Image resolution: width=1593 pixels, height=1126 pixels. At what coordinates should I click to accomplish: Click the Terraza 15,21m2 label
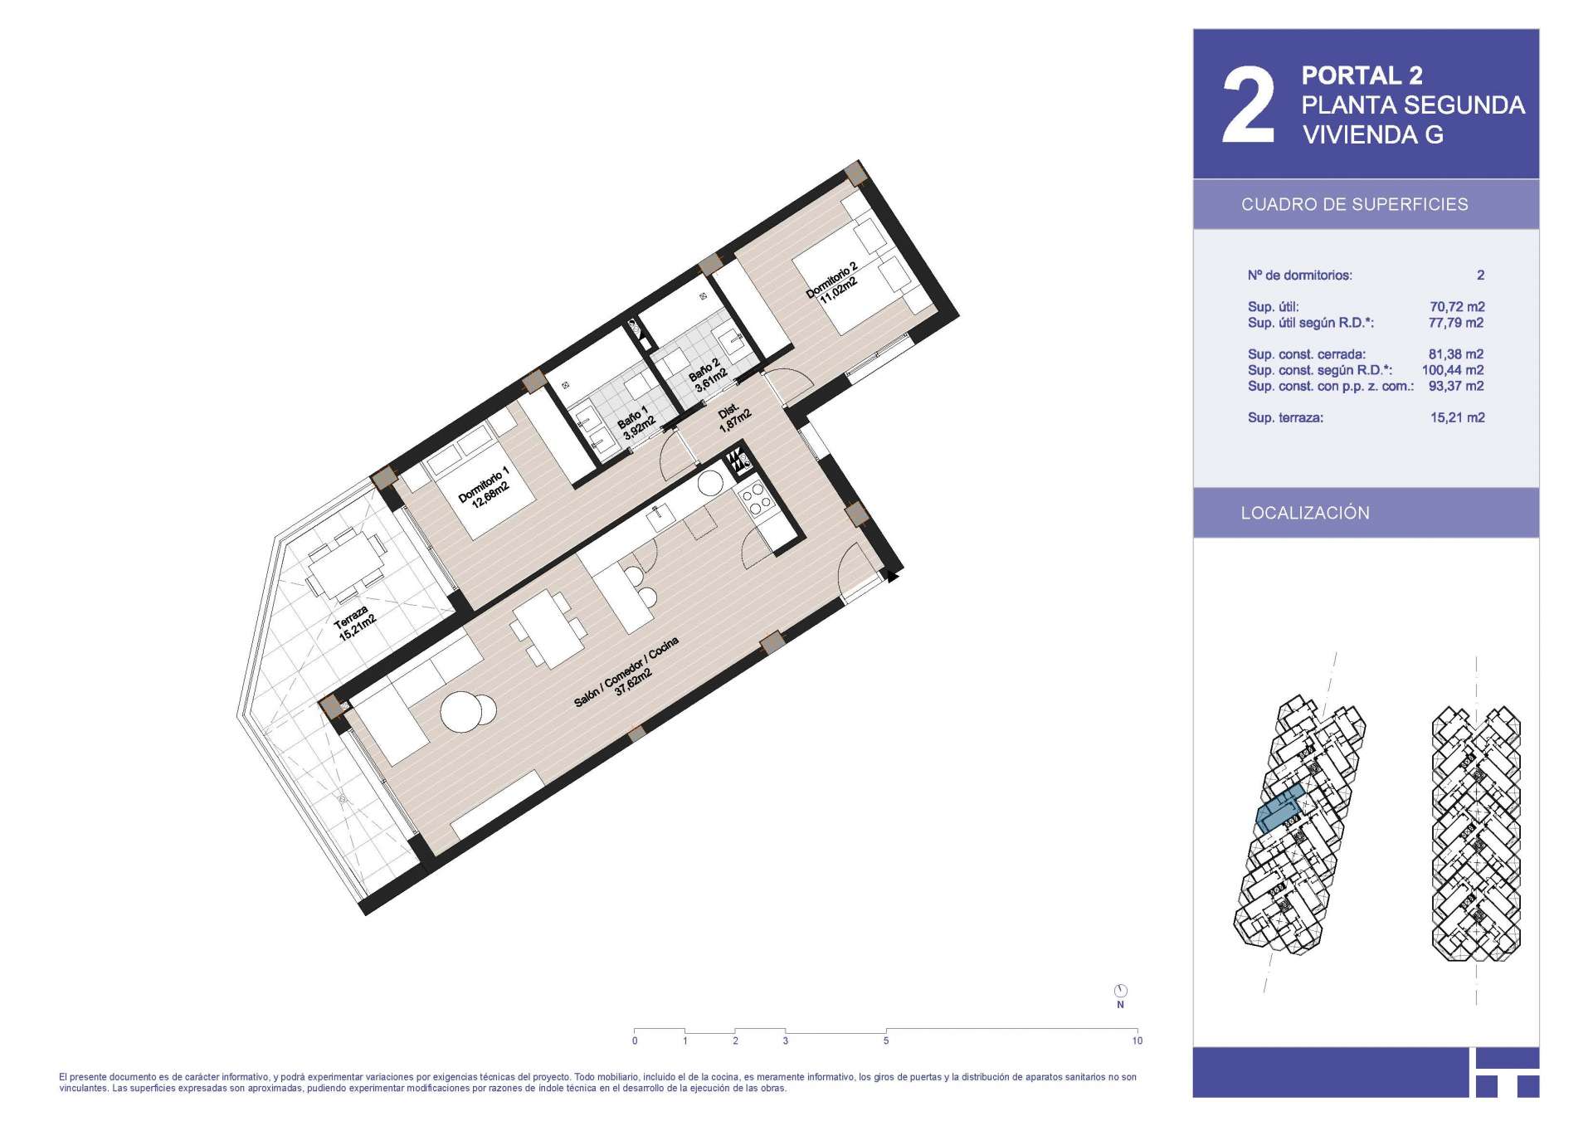(x=355, y=622)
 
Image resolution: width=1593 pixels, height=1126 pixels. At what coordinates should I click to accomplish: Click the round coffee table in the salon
(x=469, y=712)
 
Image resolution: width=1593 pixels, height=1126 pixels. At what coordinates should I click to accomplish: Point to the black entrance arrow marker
(x=892, y=574)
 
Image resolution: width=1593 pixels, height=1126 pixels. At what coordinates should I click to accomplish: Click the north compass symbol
(x=1120, y=991)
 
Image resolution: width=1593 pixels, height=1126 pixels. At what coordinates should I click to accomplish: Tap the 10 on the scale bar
(x=1137, y=1041)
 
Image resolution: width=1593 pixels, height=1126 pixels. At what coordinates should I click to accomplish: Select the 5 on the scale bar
(x=886, y=1041)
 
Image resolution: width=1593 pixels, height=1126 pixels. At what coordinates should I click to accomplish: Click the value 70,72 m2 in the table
(x=1457, y=307)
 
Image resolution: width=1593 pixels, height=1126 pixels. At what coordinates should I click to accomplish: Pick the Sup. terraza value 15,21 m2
(x=1457, y=418)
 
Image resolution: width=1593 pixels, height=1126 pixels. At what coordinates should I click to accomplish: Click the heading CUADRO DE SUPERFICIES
(x=1354, y=204)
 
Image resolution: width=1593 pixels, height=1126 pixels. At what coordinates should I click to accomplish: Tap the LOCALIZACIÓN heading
(x=1305, y=513)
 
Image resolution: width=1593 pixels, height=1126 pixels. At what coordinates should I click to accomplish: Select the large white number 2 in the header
(x=1248, y=105)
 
